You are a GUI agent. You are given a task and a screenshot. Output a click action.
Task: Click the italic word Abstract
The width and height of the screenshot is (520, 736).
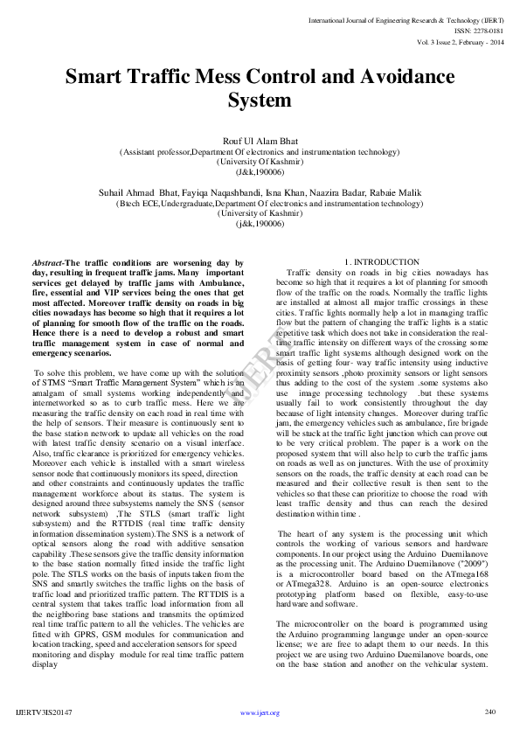tap(47, 262)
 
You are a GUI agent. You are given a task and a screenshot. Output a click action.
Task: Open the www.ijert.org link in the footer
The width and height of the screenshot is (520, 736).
tap(260, 713)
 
